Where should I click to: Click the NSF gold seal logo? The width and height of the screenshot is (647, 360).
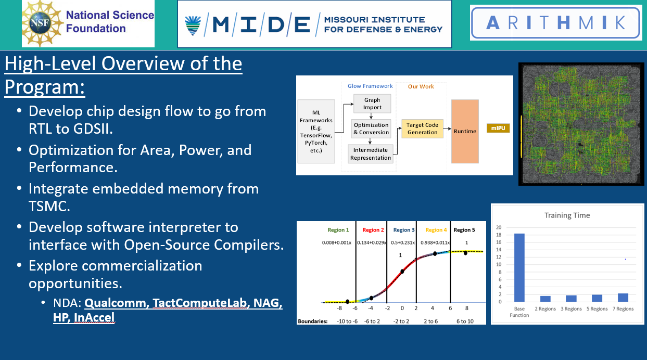point(43,23)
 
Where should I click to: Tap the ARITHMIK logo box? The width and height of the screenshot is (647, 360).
point(556,22)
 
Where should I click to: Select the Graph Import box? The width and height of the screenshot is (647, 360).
point(372,104)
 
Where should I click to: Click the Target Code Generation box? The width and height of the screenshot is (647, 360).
point(422,128)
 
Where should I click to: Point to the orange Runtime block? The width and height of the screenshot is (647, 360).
point(464,131)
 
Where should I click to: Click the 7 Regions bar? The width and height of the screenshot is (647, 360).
point(623,298)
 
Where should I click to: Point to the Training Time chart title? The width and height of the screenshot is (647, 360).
point(567,215)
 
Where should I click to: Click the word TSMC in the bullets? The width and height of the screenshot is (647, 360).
point(49,207)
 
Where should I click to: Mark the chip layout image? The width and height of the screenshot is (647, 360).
point(581,124)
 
